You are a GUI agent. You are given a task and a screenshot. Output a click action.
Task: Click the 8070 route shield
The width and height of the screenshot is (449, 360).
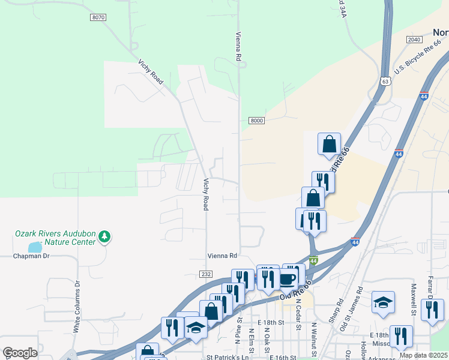point(98,17)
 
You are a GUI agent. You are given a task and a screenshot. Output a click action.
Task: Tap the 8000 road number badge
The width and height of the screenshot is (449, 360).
point(257,121)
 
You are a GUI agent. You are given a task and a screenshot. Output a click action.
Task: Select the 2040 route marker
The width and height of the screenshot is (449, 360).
point(414,39)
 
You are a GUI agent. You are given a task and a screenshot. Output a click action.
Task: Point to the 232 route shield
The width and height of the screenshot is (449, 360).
point(205,274)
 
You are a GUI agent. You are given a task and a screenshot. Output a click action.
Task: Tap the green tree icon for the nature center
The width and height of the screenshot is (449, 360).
point(105,236)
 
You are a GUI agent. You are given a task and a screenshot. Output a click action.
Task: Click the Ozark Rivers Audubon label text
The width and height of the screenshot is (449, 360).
point(55,233)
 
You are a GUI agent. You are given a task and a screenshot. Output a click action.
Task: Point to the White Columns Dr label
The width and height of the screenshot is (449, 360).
point(77,307)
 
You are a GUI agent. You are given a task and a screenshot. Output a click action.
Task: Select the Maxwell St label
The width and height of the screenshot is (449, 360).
point(414,300)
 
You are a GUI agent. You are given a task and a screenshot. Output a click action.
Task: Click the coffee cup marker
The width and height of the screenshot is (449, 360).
point(288,279)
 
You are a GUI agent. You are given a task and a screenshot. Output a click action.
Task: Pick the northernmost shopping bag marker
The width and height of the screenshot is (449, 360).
point(329,145)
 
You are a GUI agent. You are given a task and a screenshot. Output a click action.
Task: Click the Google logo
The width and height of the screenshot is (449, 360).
point(20,353)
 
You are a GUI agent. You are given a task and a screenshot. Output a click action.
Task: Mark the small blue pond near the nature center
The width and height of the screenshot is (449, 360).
point(35,247)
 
